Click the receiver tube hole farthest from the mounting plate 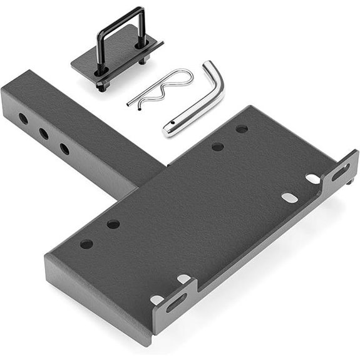tap(23, 118)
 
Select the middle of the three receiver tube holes tap(44, 133)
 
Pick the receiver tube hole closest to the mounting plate tap(64, 149)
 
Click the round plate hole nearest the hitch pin tap(242, 129)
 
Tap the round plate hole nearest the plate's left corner tap(86, 244)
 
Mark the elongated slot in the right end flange tap(342, 170)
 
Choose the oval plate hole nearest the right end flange tap(313, 179)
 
